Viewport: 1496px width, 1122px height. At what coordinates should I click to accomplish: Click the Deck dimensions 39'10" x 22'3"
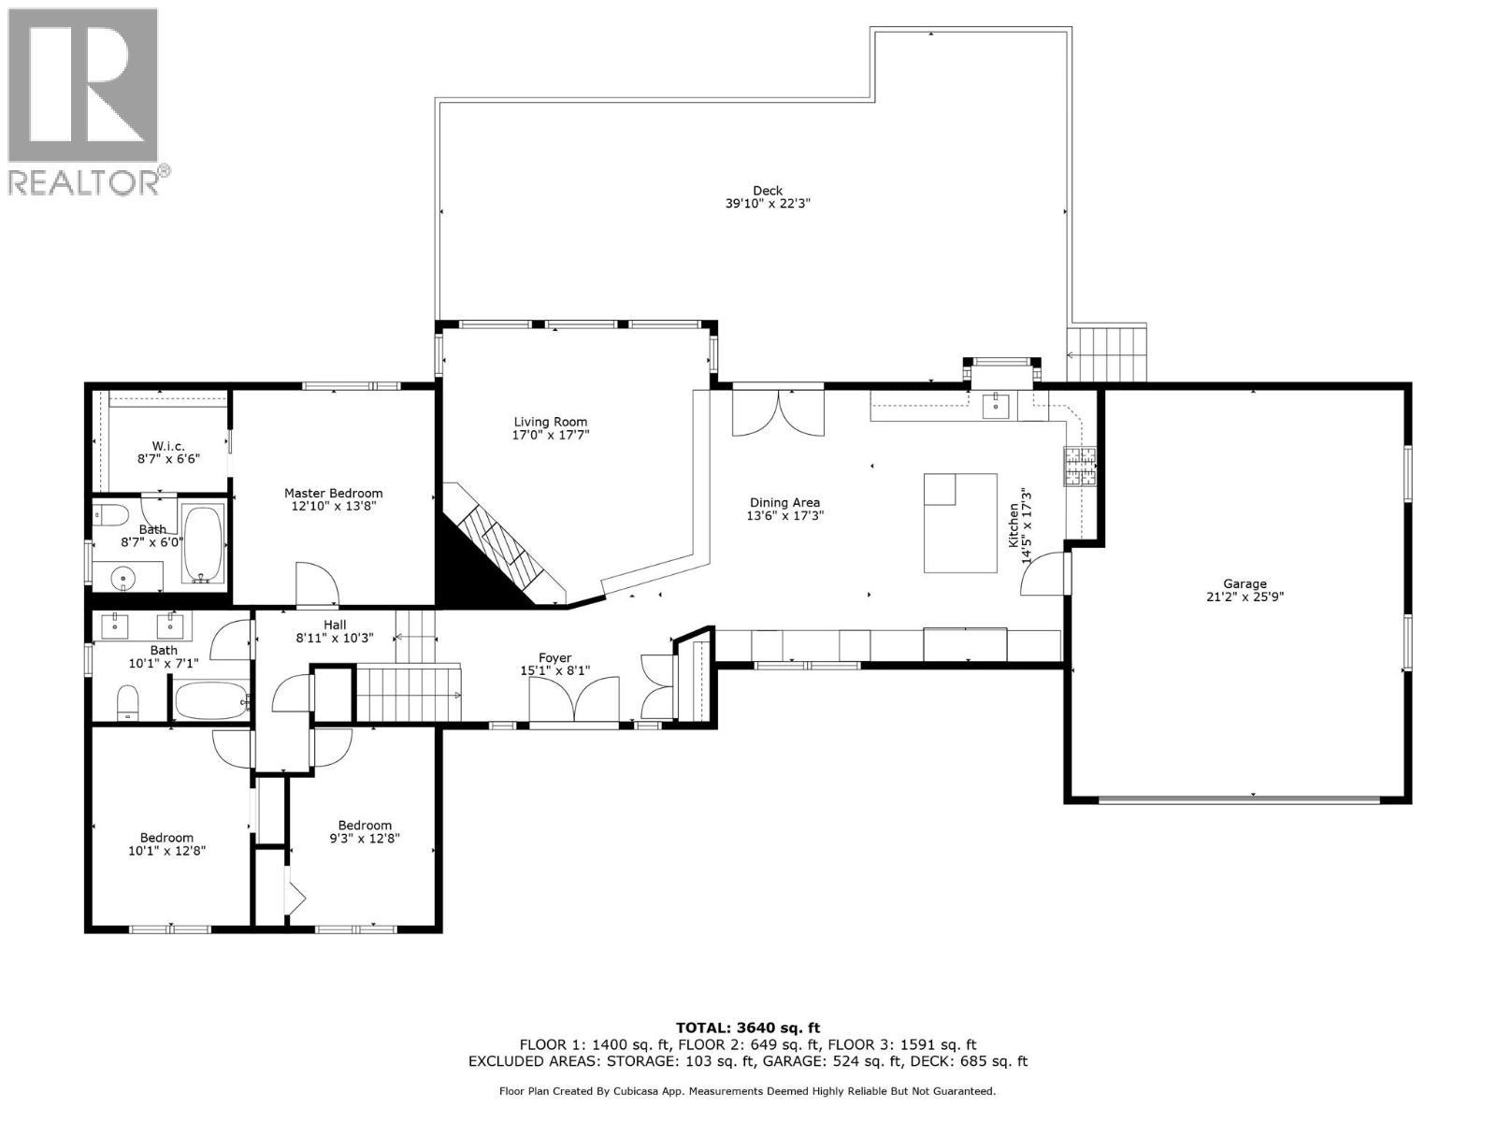tap(767, 204)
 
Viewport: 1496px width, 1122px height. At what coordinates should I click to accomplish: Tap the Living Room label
tap(551, 422)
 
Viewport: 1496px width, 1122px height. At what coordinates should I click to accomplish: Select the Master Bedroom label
tap(333, 493)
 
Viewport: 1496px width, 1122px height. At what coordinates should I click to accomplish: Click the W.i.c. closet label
tap(166, 445)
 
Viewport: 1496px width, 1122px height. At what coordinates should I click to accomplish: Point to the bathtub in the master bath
tap(203, 543)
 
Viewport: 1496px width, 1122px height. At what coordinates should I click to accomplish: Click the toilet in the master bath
tap(111, 515)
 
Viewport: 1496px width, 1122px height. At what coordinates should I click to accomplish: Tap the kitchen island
tap(960, 523)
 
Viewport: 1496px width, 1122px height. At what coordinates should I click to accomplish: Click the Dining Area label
tap(784, 502)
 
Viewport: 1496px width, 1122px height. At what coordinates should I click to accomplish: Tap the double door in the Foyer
tap(573, 701)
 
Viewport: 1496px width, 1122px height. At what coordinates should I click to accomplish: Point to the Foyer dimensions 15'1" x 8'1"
tap(554, 670)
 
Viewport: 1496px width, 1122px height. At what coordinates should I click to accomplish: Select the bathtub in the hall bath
tap(211, 699)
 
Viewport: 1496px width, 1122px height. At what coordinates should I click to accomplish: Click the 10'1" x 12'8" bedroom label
tap(166, 838)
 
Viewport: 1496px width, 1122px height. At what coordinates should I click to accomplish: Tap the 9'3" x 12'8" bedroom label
tap(365, 825)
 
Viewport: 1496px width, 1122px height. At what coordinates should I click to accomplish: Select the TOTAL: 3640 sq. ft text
tap(748, 1028)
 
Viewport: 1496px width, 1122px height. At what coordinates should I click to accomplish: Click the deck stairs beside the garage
tap(1107, 353)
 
